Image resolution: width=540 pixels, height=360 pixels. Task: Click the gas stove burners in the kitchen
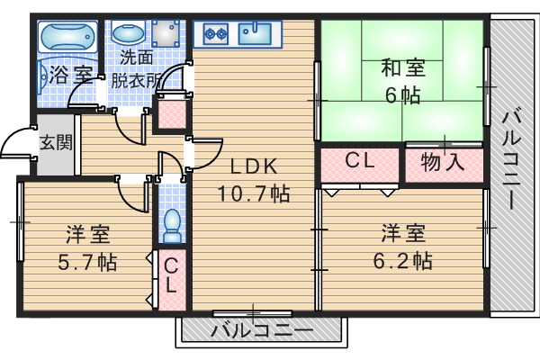point(216,35)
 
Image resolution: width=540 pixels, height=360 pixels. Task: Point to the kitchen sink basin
point(260,35)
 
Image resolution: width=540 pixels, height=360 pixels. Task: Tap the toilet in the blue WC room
point(171,225)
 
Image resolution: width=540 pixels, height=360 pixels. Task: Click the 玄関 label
point(55,141)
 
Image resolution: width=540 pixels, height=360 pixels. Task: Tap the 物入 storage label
point(442,163)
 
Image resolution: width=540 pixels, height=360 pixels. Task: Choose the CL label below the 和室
point(359,162)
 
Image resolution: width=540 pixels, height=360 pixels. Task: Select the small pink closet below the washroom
point(168,115)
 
